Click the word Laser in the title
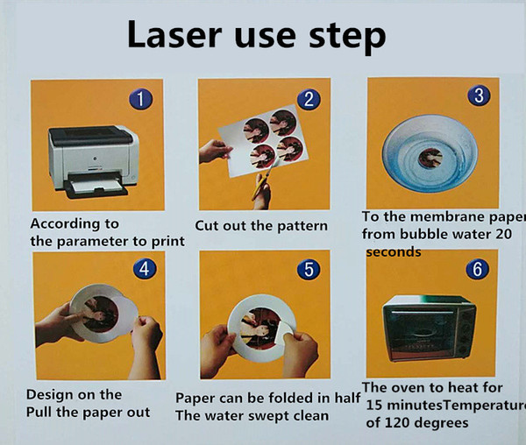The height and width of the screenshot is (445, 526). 174,34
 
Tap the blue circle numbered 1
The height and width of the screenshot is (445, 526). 141,99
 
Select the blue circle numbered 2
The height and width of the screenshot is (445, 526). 309,100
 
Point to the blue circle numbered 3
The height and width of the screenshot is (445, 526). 479,95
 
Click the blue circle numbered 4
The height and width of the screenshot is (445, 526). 145,269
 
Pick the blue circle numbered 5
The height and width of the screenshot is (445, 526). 309,270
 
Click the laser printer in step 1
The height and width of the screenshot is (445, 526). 94,162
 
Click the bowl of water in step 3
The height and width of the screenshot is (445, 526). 430,154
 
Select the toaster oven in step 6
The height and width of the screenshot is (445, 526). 430,328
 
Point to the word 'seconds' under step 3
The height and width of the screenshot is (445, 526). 394,251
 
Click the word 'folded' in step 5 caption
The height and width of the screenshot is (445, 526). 292,398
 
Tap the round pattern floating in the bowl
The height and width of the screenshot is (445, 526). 430,158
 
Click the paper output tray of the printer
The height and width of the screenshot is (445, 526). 96,188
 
